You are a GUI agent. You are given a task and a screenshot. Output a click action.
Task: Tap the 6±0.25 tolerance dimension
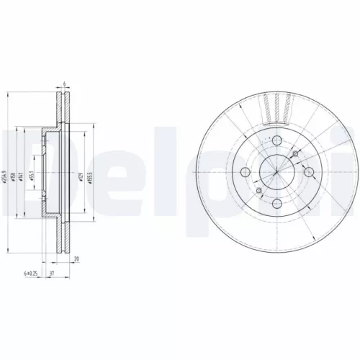[30, 274]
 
